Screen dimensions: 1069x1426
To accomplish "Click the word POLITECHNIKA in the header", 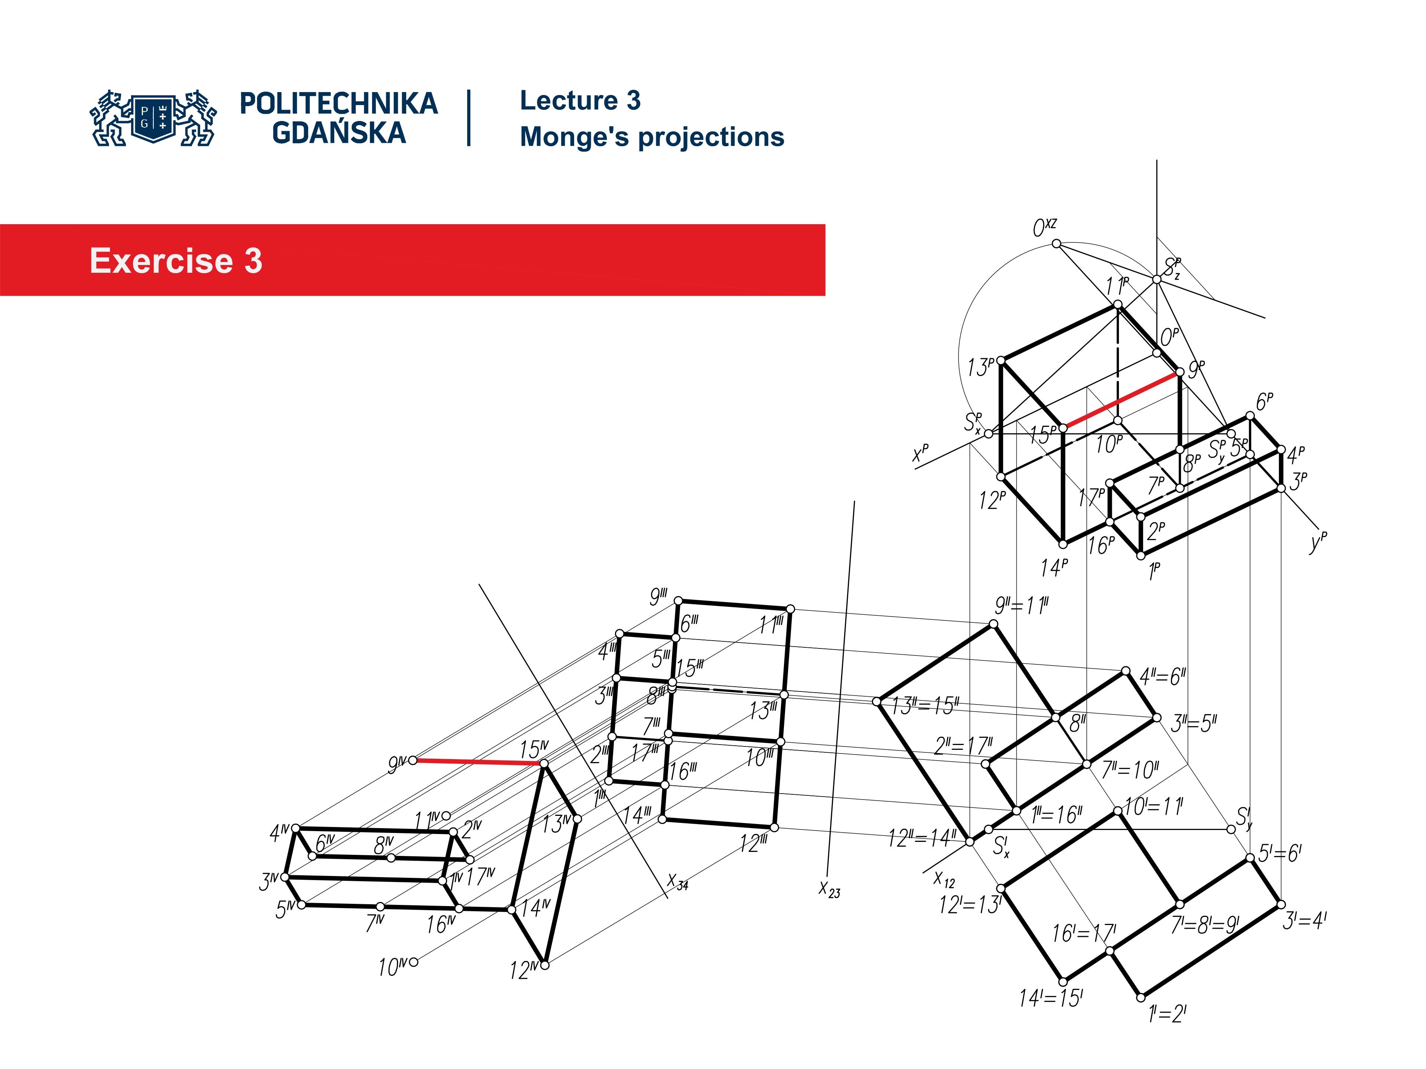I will coord(338,104).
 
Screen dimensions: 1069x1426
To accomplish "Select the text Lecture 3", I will coord(580,101).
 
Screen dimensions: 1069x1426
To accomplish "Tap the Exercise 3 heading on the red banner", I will coord(176,261).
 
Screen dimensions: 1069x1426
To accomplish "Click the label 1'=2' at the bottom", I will coord(1167,1014).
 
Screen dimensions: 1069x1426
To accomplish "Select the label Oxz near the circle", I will coord(1044,228).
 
